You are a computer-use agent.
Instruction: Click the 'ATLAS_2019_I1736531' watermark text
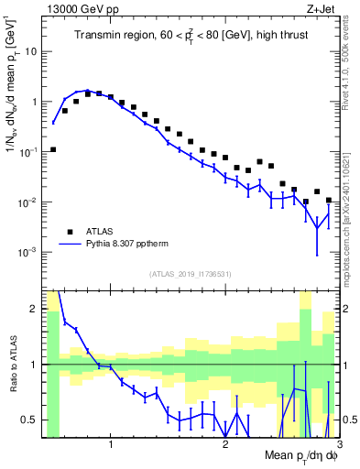(x=190, y=273)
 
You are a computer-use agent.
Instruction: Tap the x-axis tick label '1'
(x=111, y=446)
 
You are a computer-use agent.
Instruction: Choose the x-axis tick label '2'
(x=224, y=446)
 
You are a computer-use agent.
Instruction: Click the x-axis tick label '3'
(x=337, y=446)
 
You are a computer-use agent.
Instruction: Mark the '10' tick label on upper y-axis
(x=30, y=51)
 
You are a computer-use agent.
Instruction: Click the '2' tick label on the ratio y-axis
(x=34, y=309)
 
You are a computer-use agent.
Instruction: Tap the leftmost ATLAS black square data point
(x=53, y=149)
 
